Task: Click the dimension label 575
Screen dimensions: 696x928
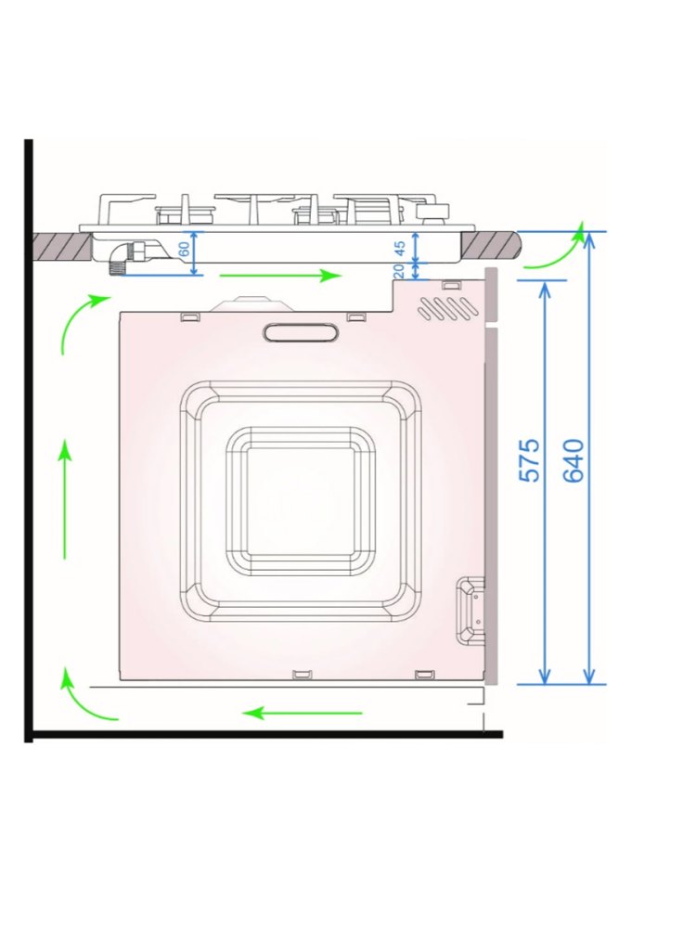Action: (x=529, y=460)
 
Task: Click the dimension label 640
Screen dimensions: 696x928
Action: (x=573, y=460)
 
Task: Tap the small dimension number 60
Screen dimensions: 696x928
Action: (x=185, y=249)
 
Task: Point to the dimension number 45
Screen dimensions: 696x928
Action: (x=399, y=249)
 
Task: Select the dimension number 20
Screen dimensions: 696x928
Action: (x=399, y=270)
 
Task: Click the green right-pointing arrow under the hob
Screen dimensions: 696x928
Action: (x=280, y=276)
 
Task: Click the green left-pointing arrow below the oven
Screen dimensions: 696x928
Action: (x=303, y=713)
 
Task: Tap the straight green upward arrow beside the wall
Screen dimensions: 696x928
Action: (x=65, y=501)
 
